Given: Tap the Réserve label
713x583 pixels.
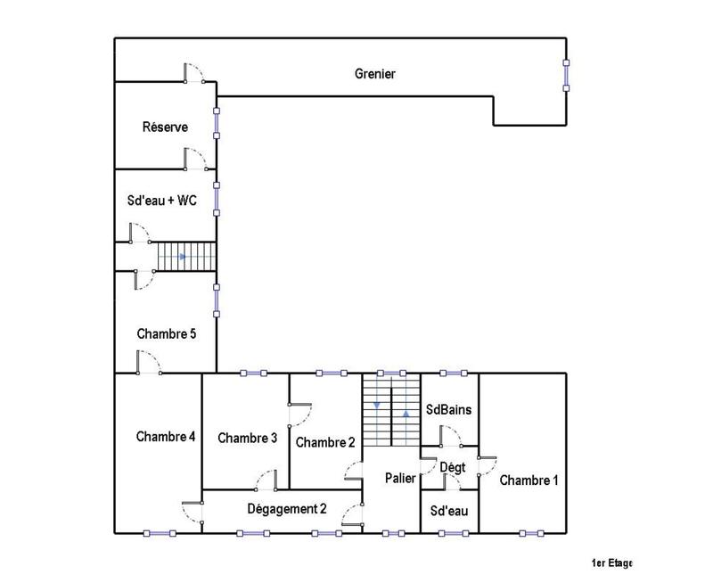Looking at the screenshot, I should (x=165, y=127).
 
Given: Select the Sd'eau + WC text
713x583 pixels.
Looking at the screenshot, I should (x=163, y=201).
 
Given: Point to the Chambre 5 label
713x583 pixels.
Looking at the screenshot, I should (x=166, y=334).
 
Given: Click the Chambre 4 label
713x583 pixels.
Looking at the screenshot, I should (x=166, y=437).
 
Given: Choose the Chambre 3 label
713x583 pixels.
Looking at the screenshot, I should (x=247, y=438).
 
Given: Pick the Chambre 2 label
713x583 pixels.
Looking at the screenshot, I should (x=325, y=442).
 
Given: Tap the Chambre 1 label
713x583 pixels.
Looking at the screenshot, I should (x=529, y=480).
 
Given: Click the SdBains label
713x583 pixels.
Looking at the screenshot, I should (x=448, y=410).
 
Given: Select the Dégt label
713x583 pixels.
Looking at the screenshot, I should (x=453, y=467).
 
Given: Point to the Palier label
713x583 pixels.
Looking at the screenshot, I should (x=400, y=479).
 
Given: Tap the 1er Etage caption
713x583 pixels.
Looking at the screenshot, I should (x=611, y=563).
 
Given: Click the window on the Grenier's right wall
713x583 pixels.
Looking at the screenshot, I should (x=566, y=75).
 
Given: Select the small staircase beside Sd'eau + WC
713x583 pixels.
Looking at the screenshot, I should (x=187, y=257).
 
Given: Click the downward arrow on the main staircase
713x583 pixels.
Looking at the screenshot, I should (x=377, y=406).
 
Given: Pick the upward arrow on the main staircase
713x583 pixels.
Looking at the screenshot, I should (x=406, y=414).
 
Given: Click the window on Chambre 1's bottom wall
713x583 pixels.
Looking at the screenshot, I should (x=532, y=533).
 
